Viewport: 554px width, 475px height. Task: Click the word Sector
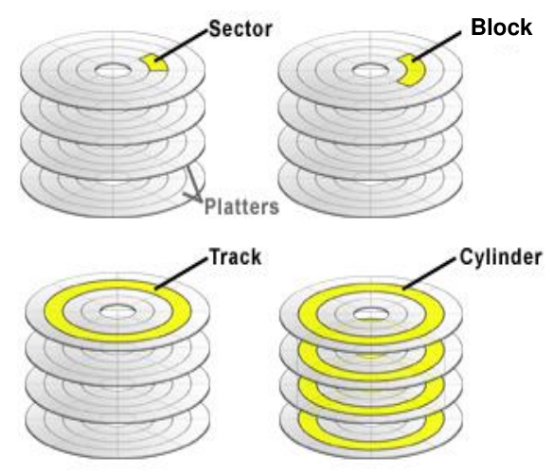241,28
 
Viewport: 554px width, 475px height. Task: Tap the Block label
501,26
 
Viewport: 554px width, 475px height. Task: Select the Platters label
241,206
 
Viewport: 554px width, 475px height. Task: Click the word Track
235,256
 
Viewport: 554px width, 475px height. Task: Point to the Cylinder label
501,256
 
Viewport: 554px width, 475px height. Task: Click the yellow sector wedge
154,62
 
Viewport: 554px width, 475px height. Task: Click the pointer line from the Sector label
181,45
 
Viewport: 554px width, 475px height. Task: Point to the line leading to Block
437,46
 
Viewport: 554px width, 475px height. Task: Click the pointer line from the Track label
181,273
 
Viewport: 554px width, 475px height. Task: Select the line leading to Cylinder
429,273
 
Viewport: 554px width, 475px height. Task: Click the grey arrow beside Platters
192,185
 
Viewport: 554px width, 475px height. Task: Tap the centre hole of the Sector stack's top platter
113,70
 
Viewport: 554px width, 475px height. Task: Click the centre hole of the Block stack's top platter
370,70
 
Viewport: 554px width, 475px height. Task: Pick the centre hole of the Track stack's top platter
118,311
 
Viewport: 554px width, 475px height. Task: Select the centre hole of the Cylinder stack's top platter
371,313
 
